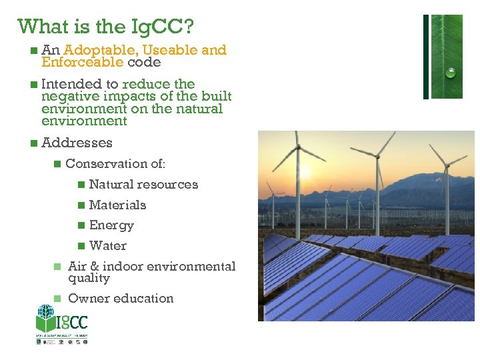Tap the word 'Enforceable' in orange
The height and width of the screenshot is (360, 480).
coord(82,62)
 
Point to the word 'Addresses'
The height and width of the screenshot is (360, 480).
coord(77,143)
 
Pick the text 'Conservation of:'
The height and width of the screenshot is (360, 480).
coord(115,163)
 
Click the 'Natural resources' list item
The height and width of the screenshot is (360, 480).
coord(143,185)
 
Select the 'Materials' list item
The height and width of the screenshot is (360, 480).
coord(117,205)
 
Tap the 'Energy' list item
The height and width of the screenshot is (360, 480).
coord(111,226)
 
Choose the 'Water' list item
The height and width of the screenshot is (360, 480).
coord(107,246)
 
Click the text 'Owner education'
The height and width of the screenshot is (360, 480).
coord(121,299)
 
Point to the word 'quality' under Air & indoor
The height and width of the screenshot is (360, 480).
coord(89,278)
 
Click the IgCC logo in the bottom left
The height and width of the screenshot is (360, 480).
coord(61,323)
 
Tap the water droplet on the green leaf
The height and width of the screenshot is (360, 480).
coord(451,73)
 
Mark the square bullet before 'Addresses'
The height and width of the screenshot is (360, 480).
coord(34,143)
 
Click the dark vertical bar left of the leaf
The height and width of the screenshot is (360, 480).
coord(426,57)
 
